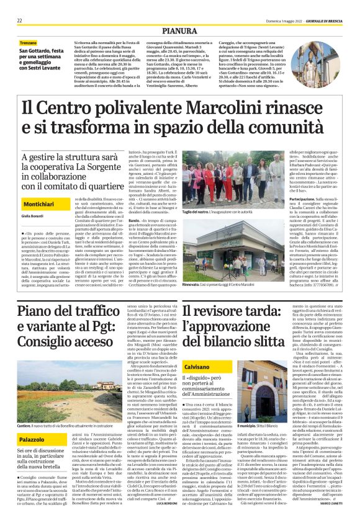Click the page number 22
click(20, 20)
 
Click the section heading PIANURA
click(179, 30)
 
